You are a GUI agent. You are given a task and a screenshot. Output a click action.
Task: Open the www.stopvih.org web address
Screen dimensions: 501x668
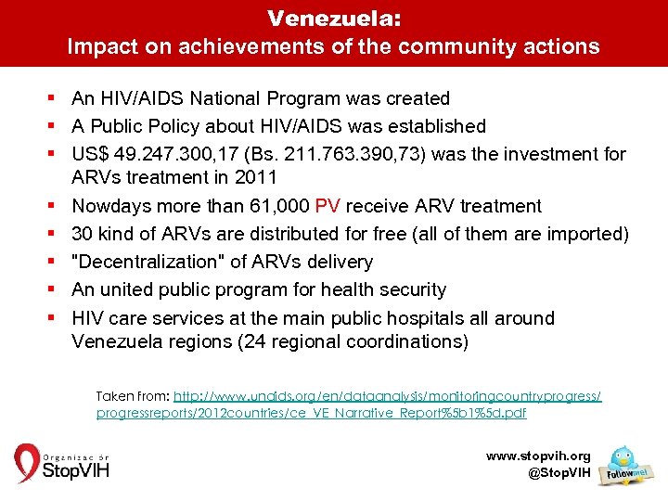pos(538,456)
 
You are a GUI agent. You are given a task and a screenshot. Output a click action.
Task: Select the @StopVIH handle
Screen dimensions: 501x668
pos(558,473)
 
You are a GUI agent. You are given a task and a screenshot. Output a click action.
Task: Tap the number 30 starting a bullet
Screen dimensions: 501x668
pos(82,234)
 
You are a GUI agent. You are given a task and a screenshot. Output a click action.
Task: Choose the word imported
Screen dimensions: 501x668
pos(585,234)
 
